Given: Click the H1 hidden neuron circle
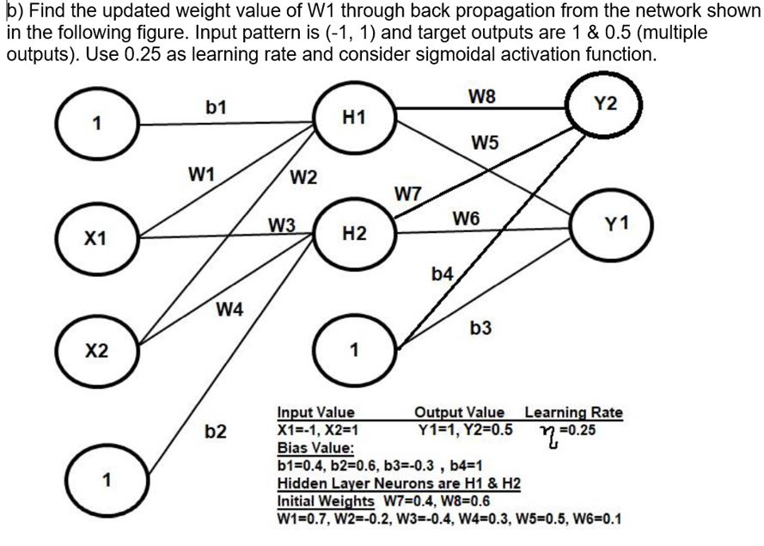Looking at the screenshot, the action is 354,118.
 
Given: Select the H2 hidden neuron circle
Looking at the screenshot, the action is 354,234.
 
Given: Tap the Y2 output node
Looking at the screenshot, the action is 605,104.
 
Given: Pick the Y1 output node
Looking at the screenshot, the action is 612,225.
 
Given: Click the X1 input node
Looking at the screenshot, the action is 97,238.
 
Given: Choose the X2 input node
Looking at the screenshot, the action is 97,351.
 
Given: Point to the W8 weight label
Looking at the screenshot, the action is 482,96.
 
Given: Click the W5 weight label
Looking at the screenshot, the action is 486,143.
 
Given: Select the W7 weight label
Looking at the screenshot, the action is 408,194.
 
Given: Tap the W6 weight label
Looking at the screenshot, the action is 467,218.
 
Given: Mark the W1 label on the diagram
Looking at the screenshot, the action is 201,174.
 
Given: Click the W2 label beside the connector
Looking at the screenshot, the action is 303,177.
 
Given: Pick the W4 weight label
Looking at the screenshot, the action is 229,309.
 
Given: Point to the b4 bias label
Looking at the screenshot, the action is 443,274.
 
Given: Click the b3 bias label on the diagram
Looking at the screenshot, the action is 480,328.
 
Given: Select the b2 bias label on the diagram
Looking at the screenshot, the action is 216,432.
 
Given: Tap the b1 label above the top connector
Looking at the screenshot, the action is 216,107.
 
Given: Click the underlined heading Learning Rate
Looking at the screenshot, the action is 573,413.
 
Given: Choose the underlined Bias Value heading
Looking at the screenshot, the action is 315,447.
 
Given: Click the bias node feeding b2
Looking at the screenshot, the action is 107,480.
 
